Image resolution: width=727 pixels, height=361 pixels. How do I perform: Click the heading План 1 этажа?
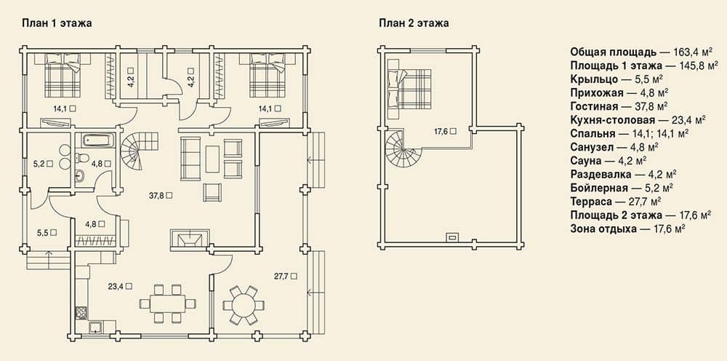[x=57, y=24]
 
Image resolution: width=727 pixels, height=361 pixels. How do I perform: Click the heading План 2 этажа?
[x=414, y=24]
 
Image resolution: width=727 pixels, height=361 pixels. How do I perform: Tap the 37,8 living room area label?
[x=161, y=195]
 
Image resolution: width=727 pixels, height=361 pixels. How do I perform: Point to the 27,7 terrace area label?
[x=285, y=276]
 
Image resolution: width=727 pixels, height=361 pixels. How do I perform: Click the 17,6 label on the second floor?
[x=445, y=131]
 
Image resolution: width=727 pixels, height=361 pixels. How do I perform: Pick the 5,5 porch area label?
[x=47, y=232]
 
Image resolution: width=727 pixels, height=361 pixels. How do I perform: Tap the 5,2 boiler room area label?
[x=42, y=163]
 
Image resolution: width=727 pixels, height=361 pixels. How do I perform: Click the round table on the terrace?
[x=244, y=305]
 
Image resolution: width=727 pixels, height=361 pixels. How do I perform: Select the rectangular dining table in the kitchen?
[x=167, y=304]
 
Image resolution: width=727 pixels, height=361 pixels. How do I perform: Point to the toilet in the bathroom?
[x=83, y=158]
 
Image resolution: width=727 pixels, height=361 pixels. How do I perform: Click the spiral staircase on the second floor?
[x=404, y=150]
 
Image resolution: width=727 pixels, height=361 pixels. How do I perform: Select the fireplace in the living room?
[x=190, y=239]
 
